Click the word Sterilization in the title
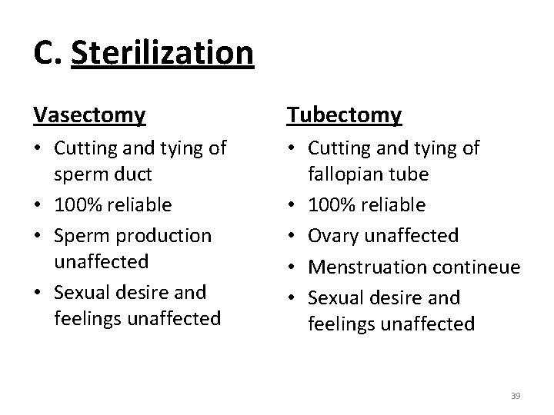pos(162,53)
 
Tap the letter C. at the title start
pos(47,53)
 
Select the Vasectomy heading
pos(89,115)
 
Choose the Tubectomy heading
pos(344,115)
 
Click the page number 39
pos(516,395)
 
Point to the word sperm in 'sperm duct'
pos(81,174)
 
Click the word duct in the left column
pos(131,174)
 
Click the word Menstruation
pos(361,267)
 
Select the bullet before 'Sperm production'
pos(38,234)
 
